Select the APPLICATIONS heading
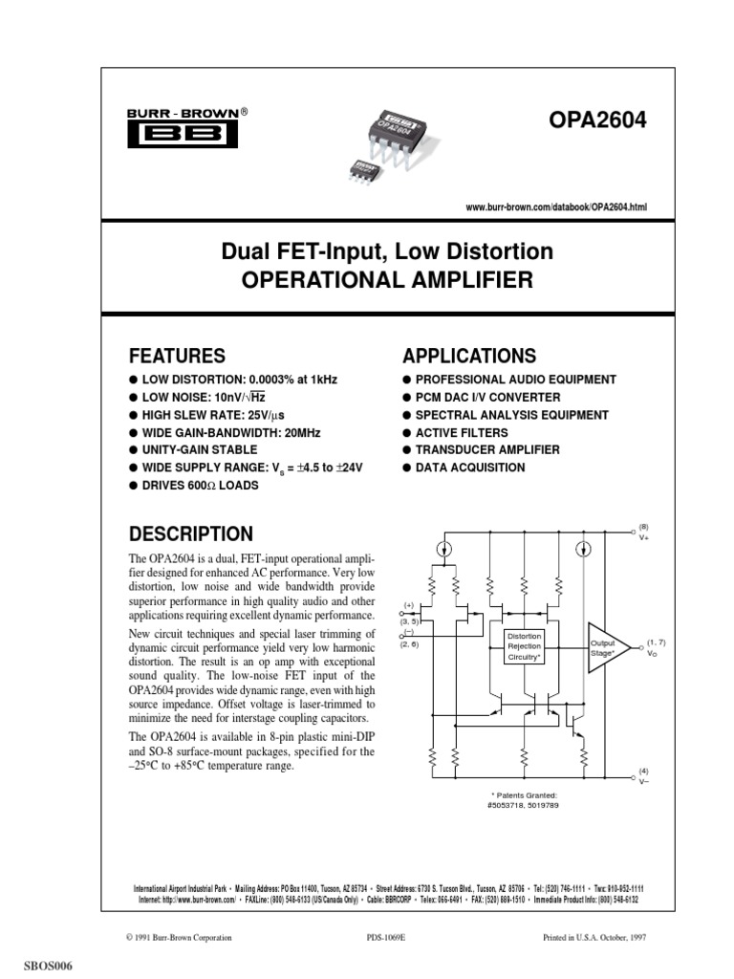pos(469,356)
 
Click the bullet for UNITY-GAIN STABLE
pos(133,449)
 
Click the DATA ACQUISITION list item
pos(470,468)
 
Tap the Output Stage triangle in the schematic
pos(606,649)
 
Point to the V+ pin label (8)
pos(643,532)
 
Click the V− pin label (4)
pos(643,776)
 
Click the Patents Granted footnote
pos(523,800)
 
